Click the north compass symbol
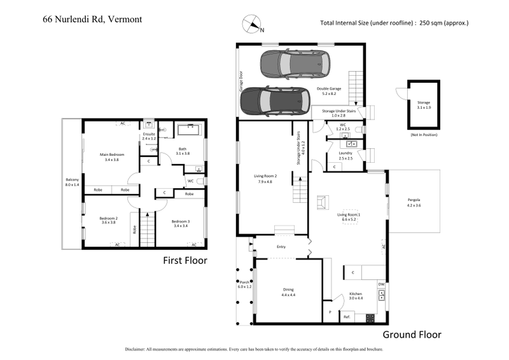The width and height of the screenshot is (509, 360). [x=253, y=24]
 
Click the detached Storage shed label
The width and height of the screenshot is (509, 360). [x=424, y=104]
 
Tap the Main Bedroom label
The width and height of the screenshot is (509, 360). [x=111, y=157]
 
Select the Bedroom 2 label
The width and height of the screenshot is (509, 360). [x=109, y=221]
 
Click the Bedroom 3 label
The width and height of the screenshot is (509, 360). [x=181, y=223]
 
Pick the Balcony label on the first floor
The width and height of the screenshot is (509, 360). [x=72, y=182]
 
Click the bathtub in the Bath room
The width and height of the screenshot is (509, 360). [x=188, y=131]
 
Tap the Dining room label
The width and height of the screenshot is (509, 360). [x=288, y=292]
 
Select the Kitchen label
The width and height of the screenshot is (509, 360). [x=355, y=296]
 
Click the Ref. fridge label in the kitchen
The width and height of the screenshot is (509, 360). [x=347, y=316]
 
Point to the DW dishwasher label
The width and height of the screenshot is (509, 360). [x=381, y=284]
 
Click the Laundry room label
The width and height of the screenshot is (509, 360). [x=345, y=156]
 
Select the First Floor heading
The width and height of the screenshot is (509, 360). [x=185, y=260]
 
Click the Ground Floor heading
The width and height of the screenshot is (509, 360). [x=412, y=335]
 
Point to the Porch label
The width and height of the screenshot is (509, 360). [x=244, y=284]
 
